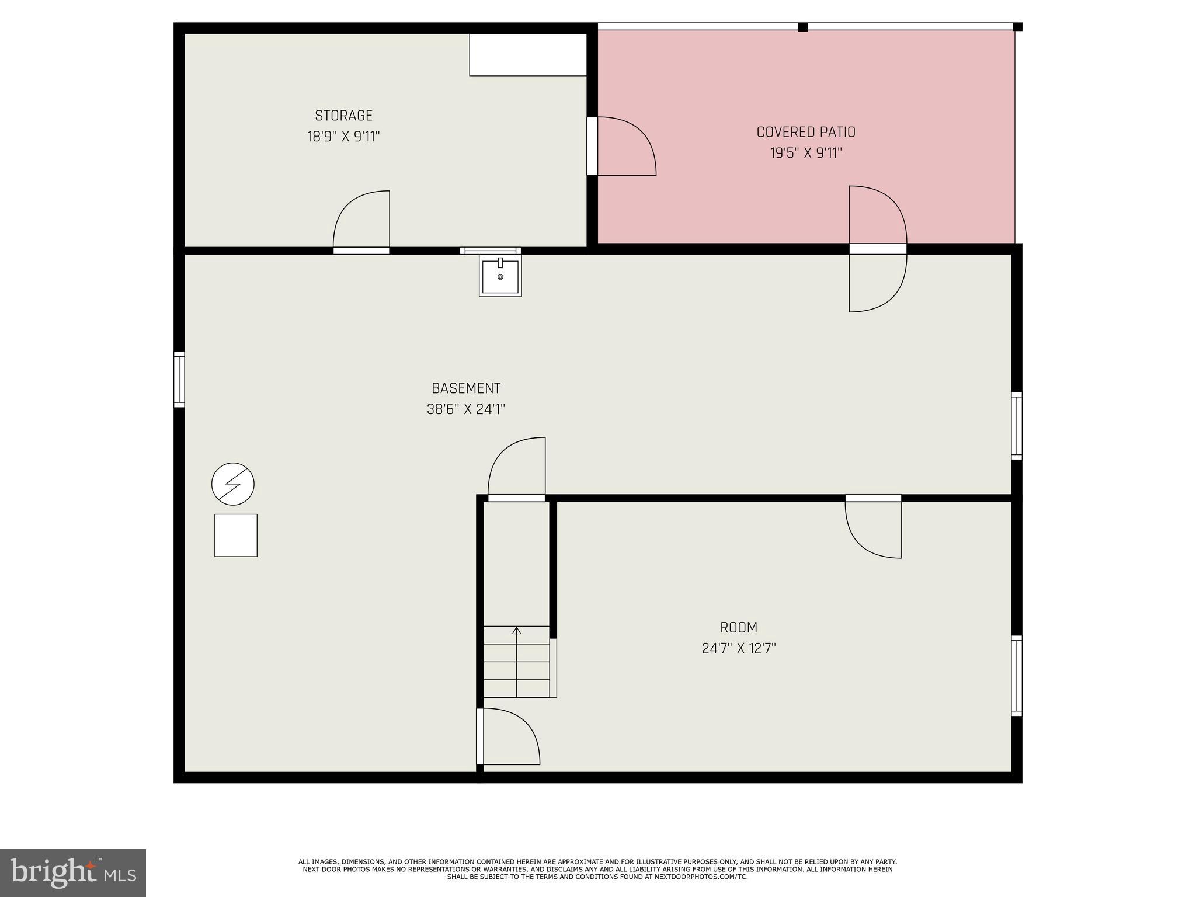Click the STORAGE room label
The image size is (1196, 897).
coord(343,116)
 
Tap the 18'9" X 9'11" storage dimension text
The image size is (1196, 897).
coord(343,137)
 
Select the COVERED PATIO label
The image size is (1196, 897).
coord(806,132)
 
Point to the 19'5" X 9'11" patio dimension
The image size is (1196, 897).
coord(806,153)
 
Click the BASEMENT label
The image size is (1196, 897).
coord(465,388)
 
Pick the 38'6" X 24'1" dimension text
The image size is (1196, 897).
coord(465,409)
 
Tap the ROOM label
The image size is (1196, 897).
coord(738,627)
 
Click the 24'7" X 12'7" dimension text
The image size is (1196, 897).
coord(738,648)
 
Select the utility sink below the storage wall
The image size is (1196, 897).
coord(500,276)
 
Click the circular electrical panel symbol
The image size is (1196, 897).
coord(233,484)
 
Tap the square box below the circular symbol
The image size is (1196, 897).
coord(236,535)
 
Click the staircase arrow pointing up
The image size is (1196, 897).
coord(516,631)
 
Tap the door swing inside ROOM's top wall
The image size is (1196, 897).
coord(874,527)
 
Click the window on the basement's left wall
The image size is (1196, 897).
coord(179,379)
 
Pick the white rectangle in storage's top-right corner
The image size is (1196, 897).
coord(528,54)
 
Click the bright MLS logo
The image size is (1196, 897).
coord(73,873)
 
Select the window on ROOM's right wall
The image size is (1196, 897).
coord(1017,675)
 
